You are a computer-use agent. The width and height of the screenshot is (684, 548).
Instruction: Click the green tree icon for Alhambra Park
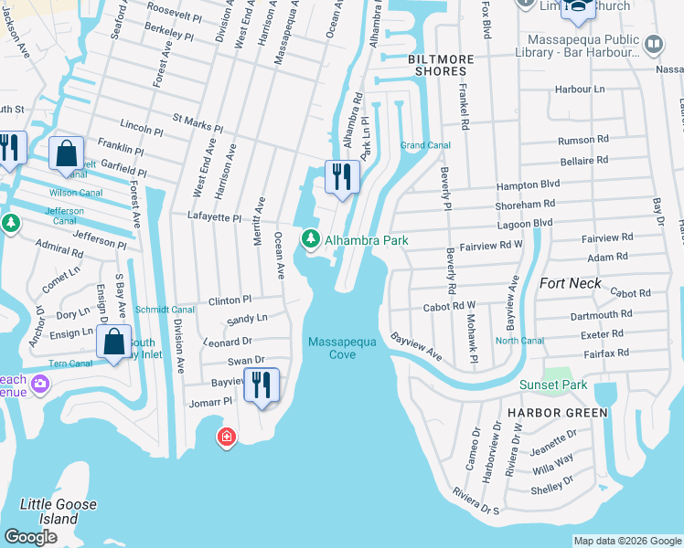pyautogui.click(x=311, y=239)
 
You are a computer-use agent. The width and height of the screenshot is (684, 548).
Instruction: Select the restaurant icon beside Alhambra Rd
pyautogui.click(x=343, y=176)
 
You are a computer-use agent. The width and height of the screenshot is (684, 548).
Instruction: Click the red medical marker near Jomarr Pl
pyautogui.click(x=225, y=438)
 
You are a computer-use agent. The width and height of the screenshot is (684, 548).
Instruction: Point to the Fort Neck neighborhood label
pyautogui.click(x=571, y=283)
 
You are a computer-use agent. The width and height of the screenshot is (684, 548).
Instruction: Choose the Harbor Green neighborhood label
pyautogui.click(x=557, y=413)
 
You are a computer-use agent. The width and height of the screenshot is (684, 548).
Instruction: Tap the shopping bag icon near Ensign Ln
pyautogui.click(x=113, y=342)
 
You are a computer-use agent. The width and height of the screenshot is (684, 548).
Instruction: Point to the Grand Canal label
pyautogui.click(x=425, y=145)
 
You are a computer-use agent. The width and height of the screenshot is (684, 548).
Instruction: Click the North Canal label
pyautogui.click(x=519, y=341)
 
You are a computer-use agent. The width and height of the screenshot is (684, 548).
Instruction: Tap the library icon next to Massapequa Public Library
pyautogui.click(x=654, y=43)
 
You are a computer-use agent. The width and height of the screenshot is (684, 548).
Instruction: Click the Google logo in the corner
pyautogui.click(x=31, y=537)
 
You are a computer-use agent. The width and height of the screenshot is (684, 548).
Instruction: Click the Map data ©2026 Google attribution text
pyautogui.click(x=626, y=541)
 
